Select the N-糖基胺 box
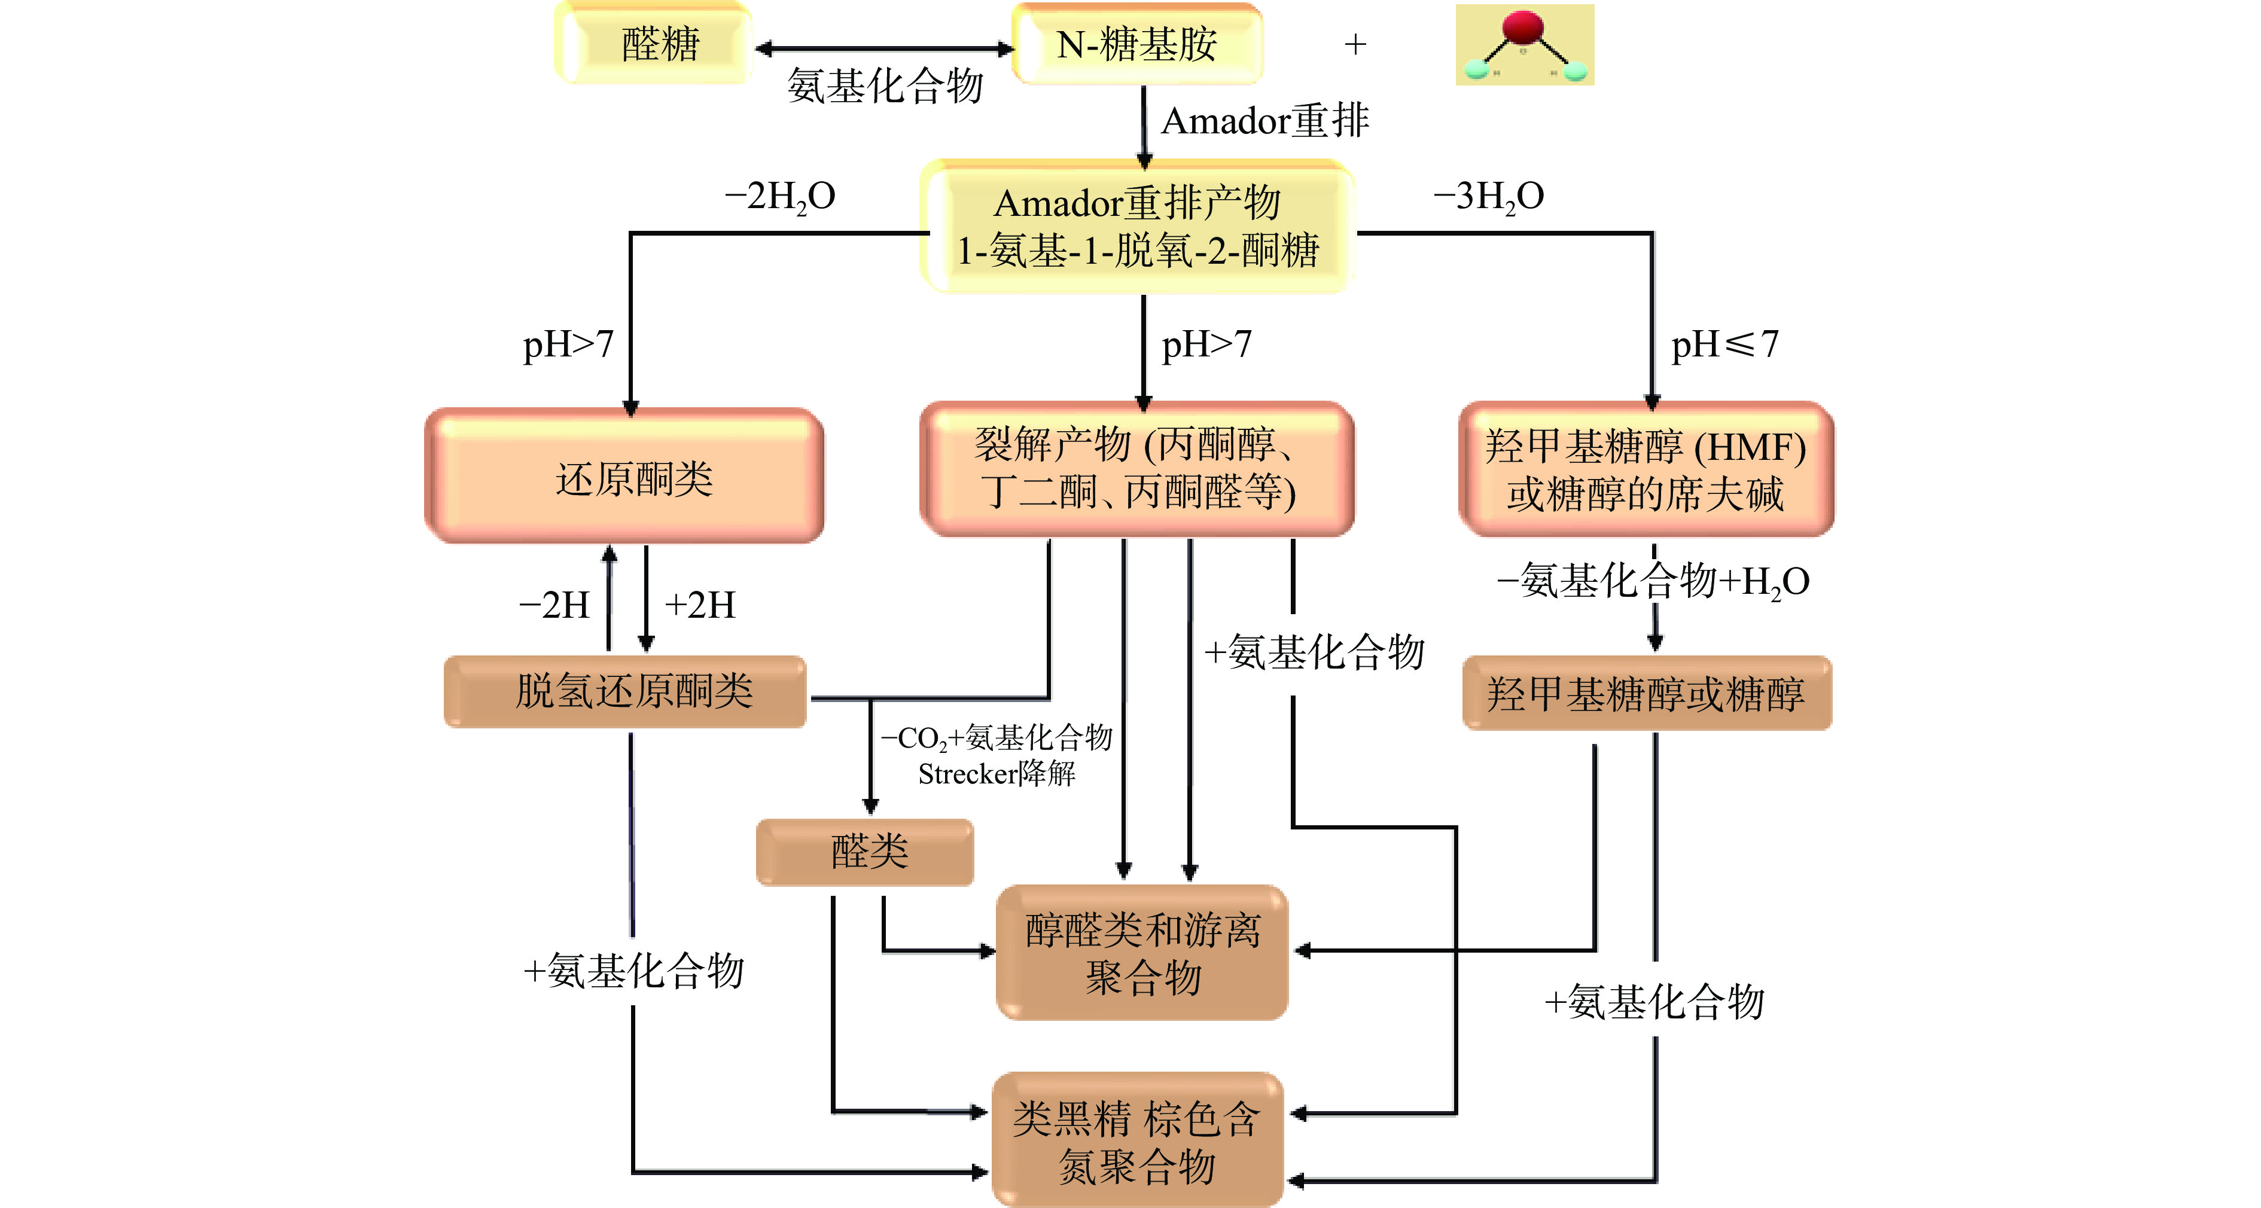[x=1136, y=44]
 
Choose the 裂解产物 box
[x=1136, y=469]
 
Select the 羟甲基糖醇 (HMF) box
[x=1646, y=469]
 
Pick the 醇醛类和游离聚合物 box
[x=1142, y=953]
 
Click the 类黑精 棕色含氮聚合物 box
[x=1138, y=1140]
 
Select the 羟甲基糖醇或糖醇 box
[x=1647, y=693]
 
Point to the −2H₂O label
[x=779, y=197]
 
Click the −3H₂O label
[x=1489, y=197]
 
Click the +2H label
[x=700, y=605]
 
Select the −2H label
[x=554, y=605]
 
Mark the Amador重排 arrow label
[x=1264, y=121]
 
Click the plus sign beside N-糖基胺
[x=1355, y=44]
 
